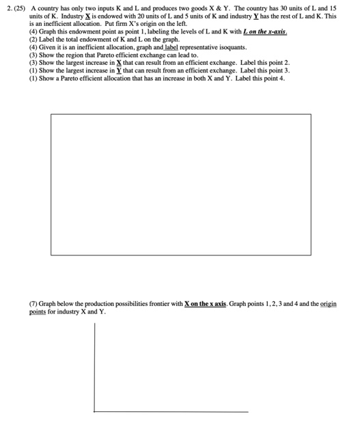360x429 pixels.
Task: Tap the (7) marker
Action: tap(33, 302)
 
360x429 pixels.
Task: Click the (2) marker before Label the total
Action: tap(33, 39)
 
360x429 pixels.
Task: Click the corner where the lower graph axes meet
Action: tap(94, 411)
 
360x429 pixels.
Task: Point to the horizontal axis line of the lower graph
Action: tap(171, 411)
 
